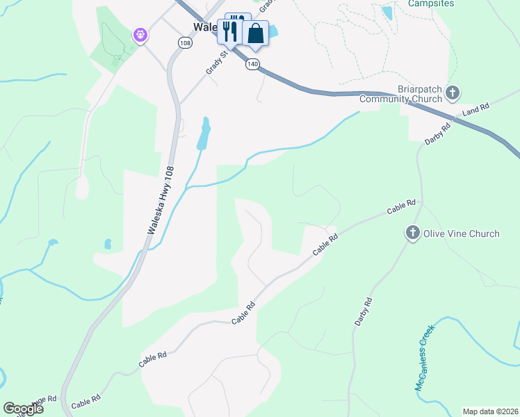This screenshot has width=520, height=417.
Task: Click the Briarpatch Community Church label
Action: coord(400,94)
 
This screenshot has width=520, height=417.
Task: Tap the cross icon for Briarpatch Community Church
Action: coord(453,92)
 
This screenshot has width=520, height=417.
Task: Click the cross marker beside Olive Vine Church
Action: coord(412,233)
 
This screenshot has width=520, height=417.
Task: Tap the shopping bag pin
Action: coord(256,33)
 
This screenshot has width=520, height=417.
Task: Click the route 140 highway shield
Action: coord(252,64)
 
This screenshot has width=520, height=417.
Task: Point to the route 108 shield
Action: coord(184,43)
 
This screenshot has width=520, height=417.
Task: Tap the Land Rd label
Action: coord(476,109)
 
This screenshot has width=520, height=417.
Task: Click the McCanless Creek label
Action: coord(425,357)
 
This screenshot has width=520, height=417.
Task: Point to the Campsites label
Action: coord(431,3)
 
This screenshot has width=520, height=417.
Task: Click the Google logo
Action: coord(23,409)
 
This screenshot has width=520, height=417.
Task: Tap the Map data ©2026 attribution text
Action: coord(490,411)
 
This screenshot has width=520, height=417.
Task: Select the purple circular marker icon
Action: coord(140,34)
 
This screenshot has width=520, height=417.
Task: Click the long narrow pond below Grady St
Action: coord(204,133)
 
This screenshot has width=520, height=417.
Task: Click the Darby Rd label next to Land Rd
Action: coord(438,133)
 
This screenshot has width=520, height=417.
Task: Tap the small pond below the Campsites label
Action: coord(387,13)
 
